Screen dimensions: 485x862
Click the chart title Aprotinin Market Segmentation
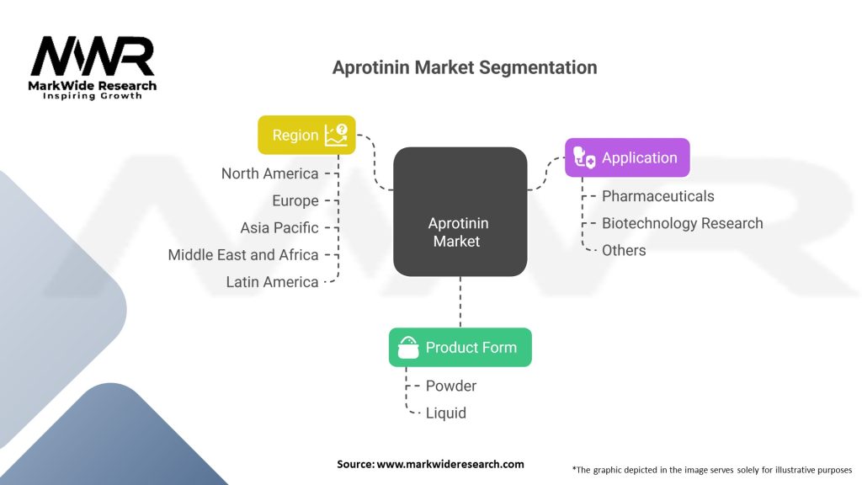click(465, 68)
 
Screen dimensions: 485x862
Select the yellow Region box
click(306, 135)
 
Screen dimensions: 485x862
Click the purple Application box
click(627, 157)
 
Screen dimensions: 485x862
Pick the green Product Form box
click(460, 347)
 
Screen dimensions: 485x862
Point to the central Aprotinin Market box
click(460, 212)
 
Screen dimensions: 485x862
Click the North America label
click(269, 173)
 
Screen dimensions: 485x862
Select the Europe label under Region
click(295, 200)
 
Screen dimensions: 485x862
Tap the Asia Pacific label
click(279, 227)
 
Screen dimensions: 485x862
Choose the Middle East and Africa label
click(242, 254)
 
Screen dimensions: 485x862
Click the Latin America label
click(272, 282)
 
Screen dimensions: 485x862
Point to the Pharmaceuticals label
click(657, 196)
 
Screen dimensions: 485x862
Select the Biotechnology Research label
click(682, 223)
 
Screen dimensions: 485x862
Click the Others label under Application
click(624, 250)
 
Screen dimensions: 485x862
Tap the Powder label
click(451, 386)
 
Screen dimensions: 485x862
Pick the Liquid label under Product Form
click(446, 413)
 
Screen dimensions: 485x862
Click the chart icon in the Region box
click(336, 135)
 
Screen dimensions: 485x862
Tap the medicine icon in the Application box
click(584, 157)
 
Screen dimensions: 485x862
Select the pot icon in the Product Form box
click(408, 347)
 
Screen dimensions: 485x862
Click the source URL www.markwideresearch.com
click(450, 464)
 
